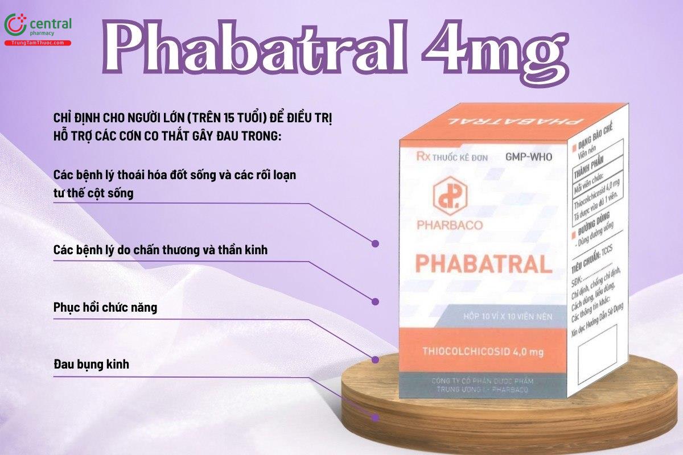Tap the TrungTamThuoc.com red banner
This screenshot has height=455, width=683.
coord(38,43)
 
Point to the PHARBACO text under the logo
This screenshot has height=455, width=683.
coord(449,225)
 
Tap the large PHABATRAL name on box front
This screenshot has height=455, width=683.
coord(483,264)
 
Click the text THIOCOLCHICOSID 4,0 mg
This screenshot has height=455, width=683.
coord(480,353)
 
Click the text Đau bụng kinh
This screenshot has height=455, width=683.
coord(91,364)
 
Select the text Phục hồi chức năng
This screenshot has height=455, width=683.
coord(105,308)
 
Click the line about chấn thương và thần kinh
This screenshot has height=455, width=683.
coord(160,250)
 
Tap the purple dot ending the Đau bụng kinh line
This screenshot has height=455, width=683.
coord(375,417)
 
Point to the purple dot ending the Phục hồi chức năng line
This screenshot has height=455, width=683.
coord(375,359)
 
